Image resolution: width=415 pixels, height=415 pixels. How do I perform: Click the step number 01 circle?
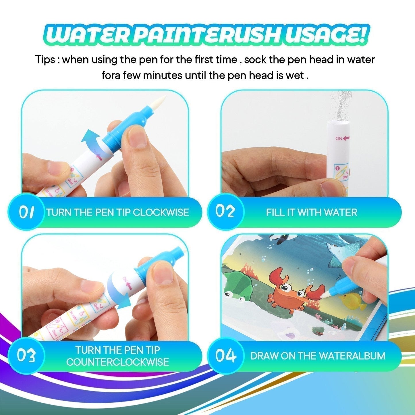click(x=26, y=212)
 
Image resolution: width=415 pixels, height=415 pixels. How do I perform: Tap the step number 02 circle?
click(x=225, y=212)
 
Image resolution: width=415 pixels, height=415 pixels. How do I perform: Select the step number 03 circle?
click(x=26, y=356)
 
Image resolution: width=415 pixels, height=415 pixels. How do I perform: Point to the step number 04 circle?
click(x=225, y=356)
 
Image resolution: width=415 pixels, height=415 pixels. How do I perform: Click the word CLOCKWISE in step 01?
click(x=161, y=213)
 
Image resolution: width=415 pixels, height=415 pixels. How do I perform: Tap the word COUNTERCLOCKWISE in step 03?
click(x=117, y=362)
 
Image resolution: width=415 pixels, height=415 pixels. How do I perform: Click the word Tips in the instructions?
click(x=45, y=60)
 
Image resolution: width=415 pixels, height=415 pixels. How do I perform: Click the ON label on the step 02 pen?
click(x=339, y=138)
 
